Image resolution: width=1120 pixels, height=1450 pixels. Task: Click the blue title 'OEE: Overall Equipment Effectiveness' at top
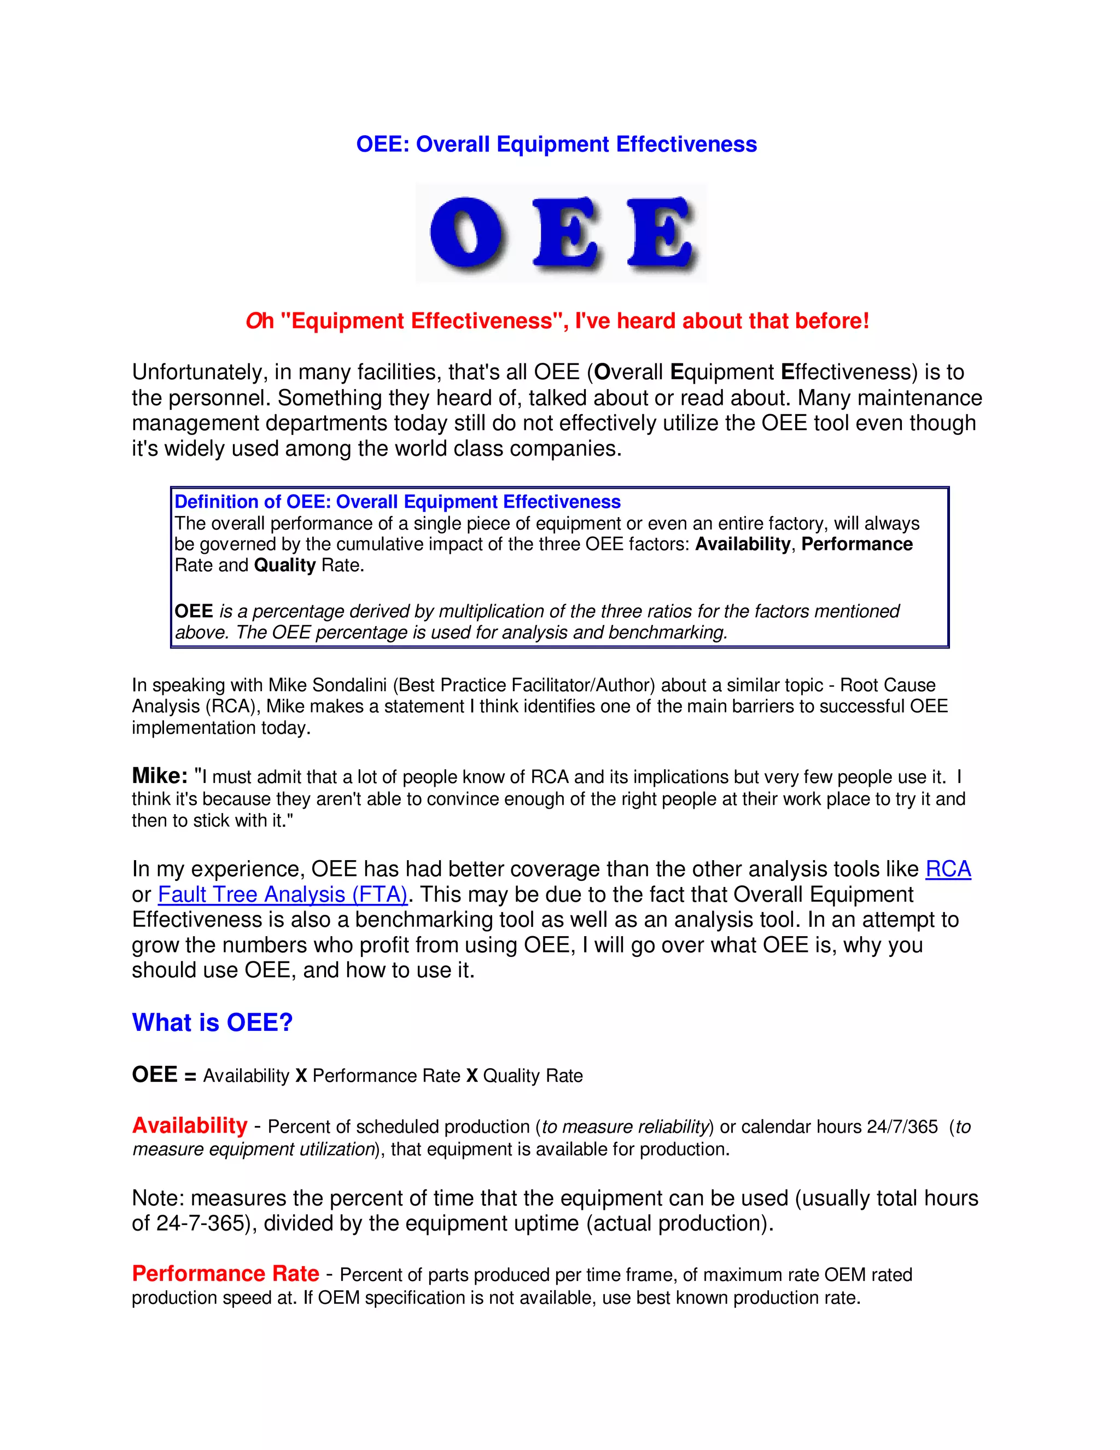point(556,144)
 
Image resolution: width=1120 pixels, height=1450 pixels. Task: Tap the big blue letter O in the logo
point(467,234)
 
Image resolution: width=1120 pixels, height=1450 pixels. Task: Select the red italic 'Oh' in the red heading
point(259,321)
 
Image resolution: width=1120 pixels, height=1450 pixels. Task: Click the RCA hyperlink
point(948,869)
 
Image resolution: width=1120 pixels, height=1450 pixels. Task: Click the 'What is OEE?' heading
point(212,1023)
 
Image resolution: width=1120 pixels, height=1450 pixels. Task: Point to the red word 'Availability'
point(190,1126)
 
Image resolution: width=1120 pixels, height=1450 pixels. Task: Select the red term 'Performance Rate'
point(226,1273)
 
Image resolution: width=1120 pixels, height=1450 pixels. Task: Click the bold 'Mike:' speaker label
point(160,775)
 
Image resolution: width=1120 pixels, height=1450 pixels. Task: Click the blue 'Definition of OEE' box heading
point(398,501)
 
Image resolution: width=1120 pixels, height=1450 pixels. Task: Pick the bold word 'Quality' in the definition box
point(284,565)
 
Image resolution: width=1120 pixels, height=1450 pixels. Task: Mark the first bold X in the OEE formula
point(301,1076)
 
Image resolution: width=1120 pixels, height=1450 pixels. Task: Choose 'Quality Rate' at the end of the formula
point(533,1076)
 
